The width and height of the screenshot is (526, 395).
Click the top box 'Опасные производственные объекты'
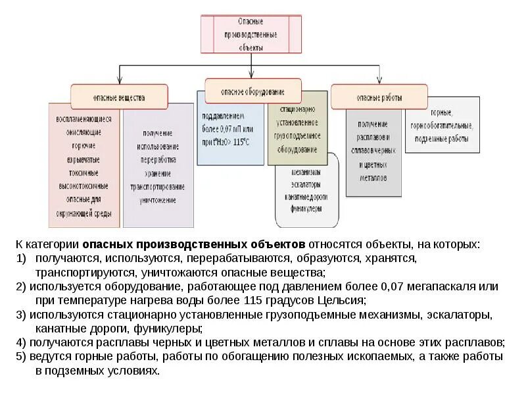pyautogui.click(x=251, y=34)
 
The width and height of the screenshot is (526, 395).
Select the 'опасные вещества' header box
pyautogui.click(x=119, y=97)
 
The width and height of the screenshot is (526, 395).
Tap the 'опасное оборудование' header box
pyautogui.click(x=253, y=91)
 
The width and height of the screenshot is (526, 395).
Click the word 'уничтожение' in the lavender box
pyautogui.click(x=158, y=199)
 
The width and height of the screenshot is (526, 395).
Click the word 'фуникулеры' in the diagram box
pyautogui.click(x=306, y=208)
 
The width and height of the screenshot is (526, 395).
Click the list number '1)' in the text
pyautogui.click(x=22, y=258)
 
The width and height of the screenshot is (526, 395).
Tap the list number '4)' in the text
pyautogui.click(x=22, y=342)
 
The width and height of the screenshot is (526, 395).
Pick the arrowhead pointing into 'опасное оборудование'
pyautogui.click(x=253, y=76)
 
